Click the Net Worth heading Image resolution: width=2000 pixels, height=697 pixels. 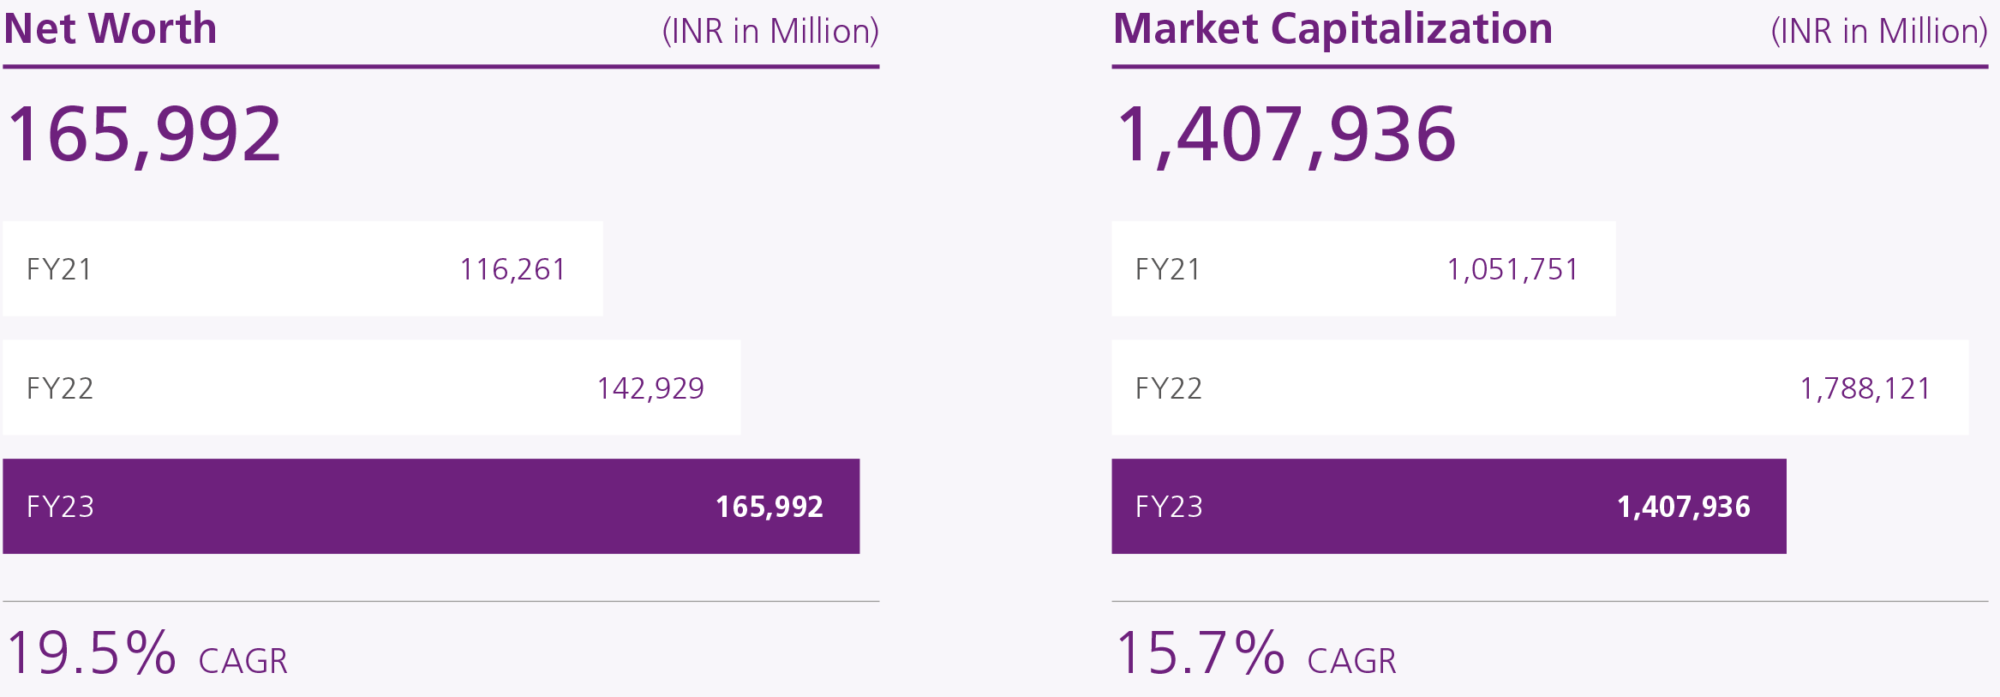111,29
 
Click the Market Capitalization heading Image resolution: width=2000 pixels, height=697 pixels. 1332,29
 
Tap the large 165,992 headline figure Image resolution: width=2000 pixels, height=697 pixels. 144,134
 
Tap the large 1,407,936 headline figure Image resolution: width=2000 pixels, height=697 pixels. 1286,134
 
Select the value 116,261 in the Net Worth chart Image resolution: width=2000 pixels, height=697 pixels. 512,269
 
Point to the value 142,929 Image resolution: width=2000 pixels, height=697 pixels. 650,388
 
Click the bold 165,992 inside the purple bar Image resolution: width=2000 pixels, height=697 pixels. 769,507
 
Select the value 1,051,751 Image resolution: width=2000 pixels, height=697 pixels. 1512,269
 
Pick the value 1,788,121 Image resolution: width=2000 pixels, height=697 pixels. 1865,388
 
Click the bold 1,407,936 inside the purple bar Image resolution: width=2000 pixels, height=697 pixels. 1683,507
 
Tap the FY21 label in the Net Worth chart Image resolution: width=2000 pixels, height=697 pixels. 59,269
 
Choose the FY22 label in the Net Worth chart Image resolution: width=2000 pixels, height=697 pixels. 60,388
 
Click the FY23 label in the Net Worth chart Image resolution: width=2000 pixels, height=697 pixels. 60,507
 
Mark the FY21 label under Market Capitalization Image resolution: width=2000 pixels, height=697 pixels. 1168,269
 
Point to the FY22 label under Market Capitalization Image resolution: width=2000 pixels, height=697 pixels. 1169,388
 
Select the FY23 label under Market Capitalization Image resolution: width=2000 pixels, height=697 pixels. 1169,507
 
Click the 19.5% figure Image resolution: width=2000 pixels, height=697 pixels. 91,653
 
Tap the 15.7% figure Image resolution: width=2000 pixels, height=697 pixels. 1200,653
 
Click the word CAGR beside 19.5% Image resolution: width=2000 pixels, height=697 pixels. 243,661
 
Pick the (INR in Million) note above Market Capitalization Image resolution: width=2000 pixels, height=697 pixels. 1878,32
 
